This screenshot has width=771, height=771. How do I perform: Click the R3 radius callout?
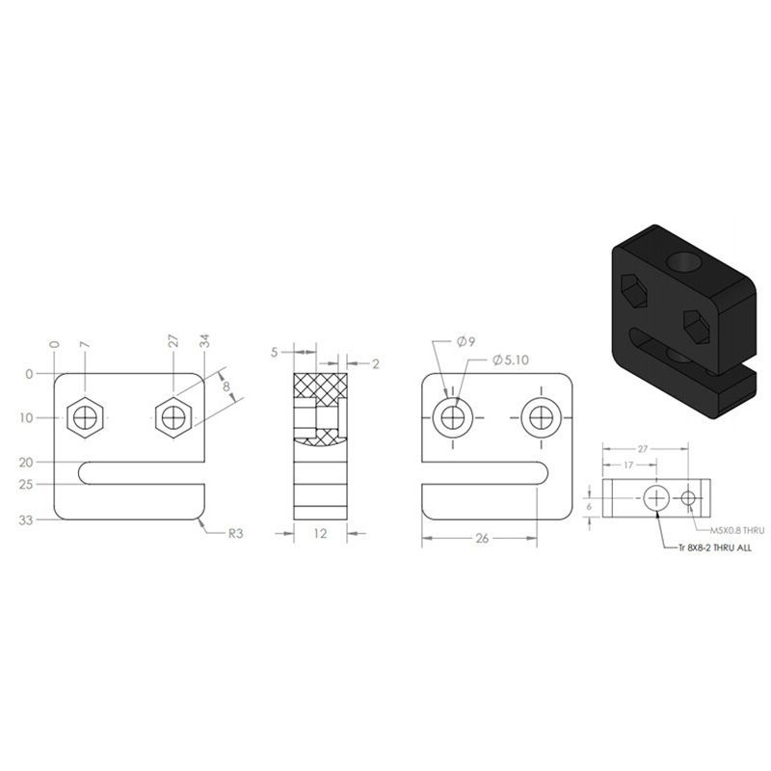[x=235, y=534]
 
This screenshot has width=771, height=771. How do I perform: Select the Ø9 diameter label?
[x=466, y=342]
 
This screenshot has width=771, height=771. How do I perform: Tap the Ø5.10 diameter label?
[x=511, y=359]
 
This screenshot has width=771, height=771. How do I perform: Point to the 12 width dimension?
[x=320, y=534]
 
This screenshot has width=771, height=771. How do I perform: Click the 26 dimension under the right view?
[x=482, y=538]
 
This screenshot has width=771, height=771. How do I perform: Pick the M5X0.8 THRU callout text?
[x=737, y=531]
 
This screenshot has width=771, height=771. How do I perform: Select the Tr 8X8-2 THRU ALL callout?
[x=715, y=547]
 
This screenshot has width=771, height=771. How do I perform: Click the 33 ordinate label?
[x=26, y=519]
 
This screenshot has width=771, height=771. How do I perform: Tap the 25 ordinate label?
[x=26, y=485]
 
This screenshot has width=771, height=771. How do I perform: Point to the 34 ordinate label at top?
[x=205, y=341]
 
